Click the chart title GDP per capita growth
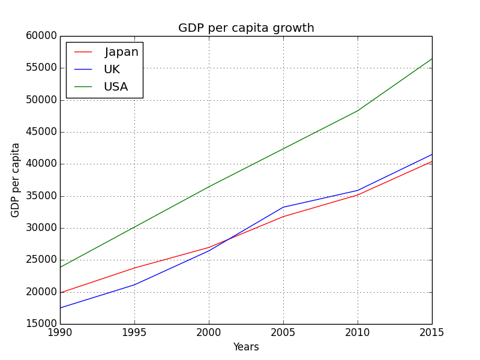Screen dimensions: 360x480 pos(246,28)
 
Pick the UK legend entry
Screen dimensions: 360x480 pos(112,70)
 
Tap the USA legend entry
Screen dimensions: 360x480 pos(116,87)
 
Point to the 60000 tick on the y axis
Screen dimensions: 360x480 pos(42,36)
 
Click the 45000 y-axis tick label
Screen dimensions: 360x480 pos(42,132)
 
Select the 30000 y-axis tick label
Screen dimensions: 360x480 pos(42,228)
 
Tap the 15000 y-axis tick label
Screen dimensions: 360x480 pos(42,324)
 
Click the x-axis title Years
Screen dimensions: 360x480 pos(246,347)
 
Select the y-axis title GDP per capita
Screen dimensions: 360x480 pos(16,180)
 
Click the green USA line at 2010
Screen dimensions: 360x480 pos(358,110)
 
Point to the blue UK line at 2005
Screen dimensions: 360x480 pos(283,207)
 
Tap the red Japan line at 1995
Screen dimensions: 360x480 pos(134,268)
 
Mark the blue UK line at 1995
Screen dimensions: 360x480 pos(134,284)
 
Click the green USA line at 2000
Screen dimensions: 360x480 pos(209,187)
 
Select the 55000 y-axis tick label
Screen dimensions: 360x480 pos(42,68)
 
